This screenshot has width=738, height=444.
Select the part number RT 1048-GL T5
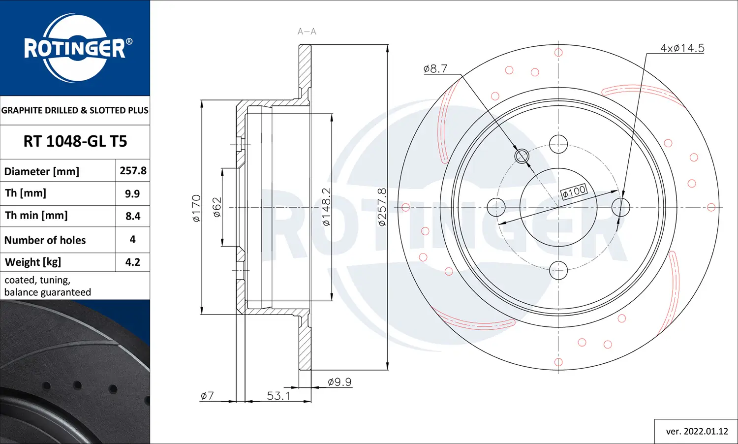[x=75, y=141]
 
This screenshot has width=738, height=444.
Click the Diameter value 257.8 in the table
[x=133, y=171]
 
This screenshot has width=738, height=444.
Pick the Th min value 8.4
[x=133, y=216]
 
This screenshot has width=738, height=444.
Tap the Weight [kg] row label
[x=33, y=262]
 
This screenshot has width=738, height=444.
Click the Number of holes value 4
[x=132, y=239]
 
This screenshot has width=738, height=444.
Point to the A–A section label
[x=307, y=32]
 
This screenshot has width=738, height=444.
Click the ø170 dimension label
[x=196, y=208]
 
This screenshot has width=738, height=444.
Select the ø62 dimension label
[x=217, y=207]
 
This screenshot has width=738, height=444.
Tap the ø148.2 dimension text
[x=326, y=207]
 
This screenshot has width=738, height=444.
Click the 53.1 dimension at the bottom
[x=278, y=396]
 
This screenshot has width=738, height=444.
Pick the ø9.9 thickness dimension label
[x=339, y=382]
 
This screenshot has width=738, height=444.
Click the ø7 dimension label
[x=207, y=396]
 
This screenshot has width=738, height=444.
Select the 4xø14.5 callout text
[x=682, y=48]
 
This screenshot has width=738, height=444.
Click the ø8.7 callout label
[x=435, y=69]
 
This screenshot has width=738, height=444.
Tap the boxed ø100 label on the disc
[x=574, y=191]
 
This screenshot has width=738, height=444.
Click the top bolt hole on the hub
[x=558, y=144]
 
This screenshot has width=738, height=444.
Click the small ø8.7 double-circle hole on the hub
[x=522, y=157]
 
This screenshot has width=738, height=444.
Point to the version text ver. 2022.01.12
[x=697, y=431]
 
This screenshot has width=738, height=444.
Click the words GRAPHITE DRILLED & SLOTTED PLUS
[x=75, y=110]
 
